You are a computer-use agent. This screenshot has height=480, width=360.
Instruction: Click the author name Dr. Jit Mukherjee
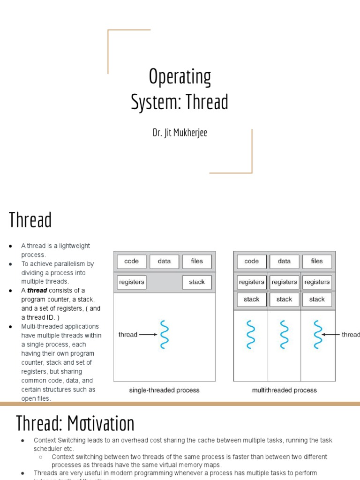tap(180, 133)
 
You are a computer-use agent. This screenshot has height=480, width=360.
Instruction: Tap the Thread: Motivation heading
tap(75, 423)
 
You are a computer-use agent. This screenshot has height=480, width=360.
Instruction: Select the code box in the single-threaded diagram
tap(131, 262)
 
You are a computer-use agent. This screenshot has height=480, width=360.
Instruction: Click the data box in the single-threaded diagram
tap(164, 262)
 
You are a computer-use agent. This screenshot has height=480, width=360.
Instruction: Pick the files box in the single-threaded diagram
tap(197, 262)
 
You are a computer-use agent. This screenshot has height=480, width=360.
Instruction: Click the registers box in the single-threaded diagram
tap(132, 282)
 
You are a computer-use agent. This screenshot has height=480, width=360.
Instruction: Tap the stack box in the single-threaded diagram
tap(197, 282)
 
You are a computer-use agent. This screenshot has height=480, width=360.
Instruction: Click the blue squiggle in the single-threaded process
tap(164, 335)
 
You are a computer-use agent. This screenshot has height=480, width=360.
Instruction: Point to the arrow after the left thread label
tap(148, 335)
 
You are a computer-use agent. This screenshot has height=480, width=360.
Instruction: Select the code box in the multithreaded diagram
tap(252, 262)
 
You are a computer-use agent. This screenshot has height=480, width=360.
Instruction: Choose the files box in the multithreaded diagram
tap(317, 262)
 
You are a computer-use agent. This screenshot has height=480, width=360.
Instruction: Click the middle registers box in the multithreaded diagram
tap(284, 282)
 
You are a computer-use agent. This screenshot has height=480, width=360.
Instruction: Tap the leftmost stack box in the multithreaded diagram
tap(252, 299)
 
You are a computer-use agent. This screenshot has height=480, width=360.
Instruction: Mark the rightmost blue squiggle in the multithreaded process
tap(318, 335)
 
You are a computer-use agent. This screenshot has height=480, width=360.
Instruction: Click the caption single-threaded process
tap(164, 390)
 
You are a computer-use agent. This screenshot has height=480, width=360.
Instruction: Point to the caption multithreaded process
tap(284, 390)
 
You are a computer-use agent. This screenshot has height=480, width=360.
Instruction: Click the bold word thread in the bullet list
tap(37, 291)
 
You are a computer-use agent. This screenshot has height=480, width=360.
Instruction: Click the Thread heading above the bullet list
tap(30, 220)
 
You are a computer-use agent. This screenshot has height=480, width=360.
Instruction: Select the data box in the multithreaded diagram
tap(284, 262)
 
